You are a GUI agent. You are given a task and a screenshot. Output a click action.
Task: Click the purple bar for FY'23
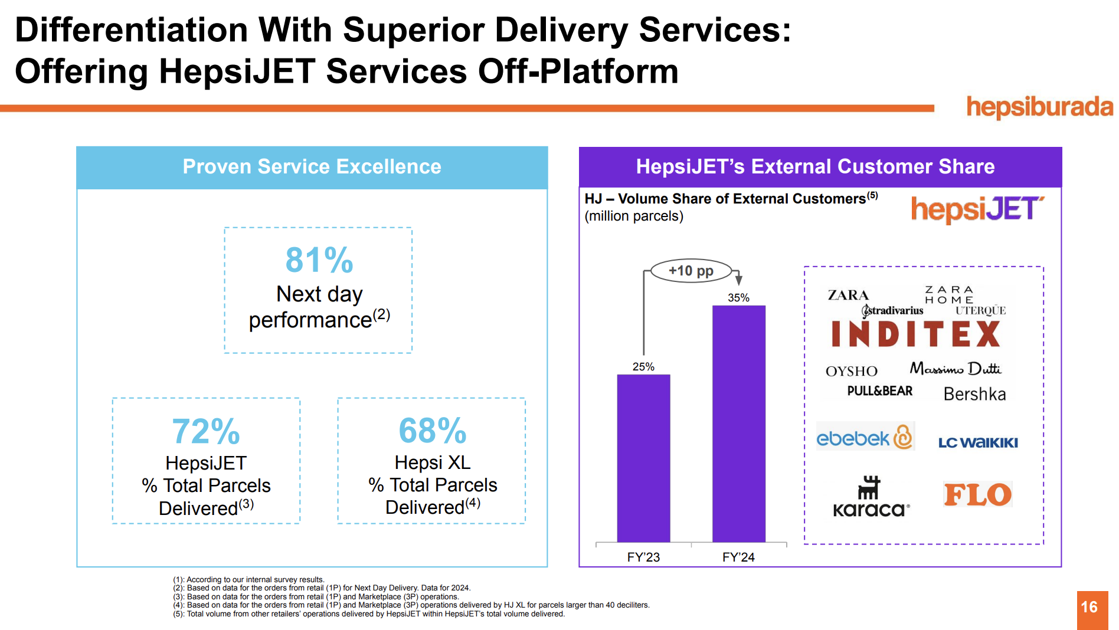click(643, 458)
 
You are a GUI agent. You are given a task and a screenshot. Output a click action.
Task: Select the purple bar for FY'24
click(738, 423)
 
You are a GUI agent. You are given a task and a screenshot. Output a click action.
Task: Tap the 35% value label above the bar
click(738, 298)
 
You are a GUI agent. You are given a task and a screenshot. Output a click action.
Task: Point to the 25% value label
click(643, 367)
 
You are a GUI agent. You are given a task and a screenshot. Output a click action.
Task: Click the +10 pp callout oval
click(691, 271)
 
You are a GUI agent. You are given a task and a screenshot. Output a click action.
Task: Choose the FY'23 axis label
click(643, 557)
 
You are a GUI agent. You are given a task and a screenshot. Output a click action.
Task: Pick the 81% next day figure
click(319, 260)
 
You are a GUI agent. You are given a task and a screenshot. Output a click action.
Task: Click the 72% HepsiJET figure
click(206, 431)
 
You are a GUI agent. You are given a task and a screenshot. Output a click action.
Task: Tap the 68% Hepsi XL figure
click(432, 431)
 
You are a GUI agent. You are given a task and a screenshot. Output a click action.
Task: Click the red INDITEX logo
click(915, 334)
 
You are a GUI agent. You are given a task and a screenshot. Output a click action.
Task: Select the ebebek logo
click(865, 437)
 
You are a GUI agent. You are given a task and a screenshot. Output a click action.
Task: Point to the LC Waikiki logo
click(978, 442)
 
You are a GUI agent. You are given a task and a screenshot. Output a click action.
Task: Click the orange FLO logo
click(977, 494)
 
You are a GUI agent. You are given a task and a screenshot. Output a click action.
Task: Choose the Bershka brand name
click(974, 394)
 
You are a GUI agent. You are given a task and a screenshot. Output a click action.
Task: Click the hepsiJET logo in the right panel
click(977, 209)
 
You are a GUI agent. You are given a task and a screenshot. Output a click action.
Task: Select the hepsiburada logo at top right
click(1039, 107)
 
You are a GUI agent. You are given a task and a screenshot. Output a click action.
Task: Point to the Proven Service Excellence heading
click(312, 167)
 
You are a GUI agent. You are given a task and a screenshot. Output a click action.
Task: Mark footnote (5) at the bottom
click(369, 614)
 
